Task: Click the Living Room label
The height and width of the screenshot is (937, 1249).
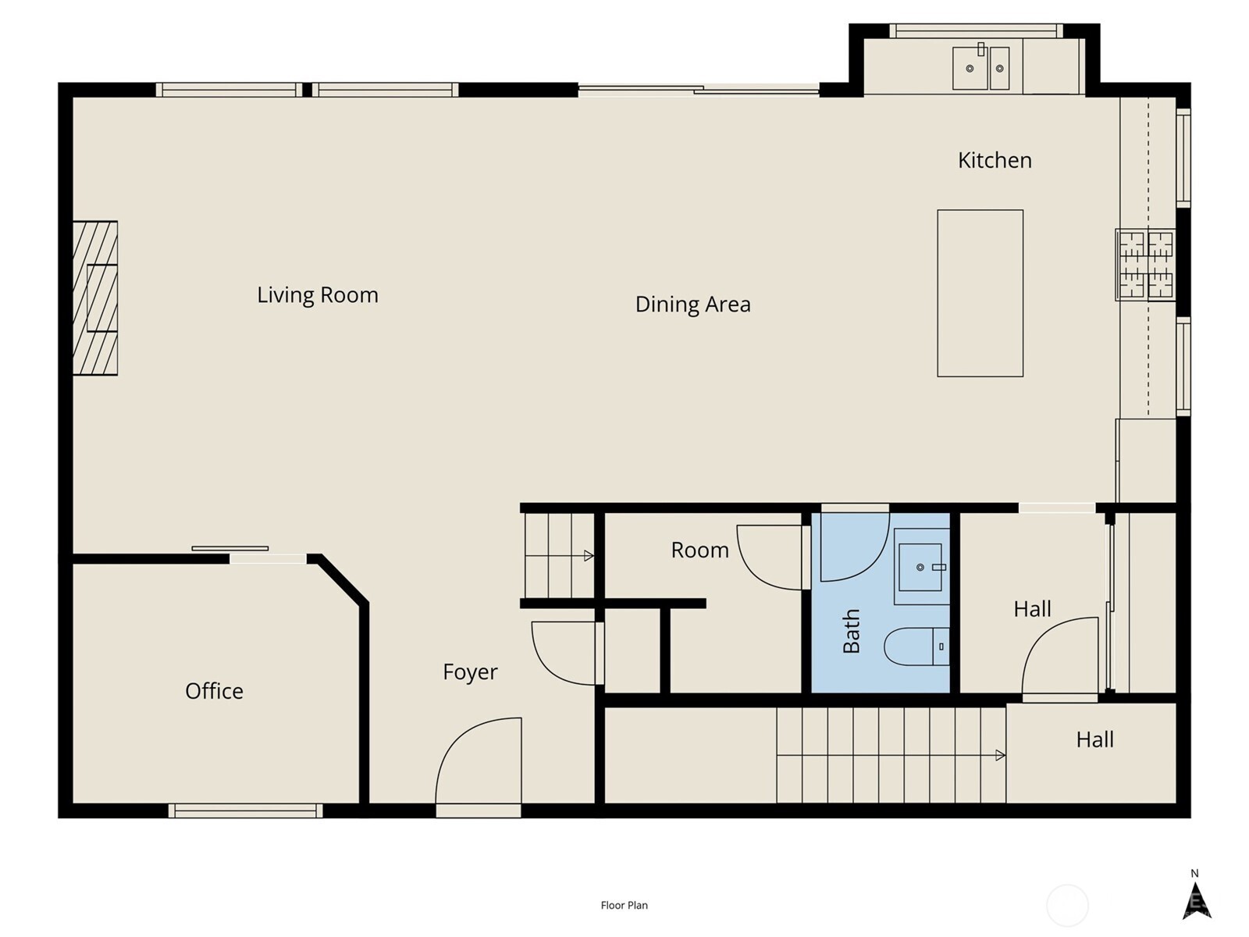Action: [x=318, y=295]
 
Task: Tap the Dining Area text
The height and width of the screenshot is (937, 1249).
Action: [x=692, y=305]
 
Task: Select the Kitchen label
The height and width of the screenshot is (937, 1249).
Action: [x=995, y=160]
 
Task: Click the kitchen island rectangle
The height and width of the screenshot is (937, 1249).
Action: [x=980, y=293]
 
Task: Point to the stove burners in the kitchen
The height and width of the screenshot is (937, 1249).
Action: [x=1145, y=265]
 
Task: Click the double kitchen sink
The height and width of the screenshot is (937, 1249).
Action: [x=981, y=68]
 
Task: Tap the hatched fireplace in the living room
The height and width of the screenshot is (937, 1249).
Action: [x=95, y=298]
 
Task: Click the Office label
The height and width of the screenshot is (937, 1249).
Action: [x=214, y=691]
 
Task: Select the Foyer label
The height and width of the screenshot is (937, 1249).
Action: [x=470, y=672]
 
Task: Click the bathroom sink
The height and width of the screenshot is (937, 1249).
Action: [x=921, y=567]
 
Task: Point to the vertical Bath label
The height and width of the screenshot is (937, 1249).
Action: [x=851, y=631]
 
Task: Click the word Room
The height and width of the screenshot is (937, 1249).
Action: [x=699, y=550]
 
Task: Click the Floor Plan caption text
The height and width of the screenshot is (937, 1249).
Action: [x=624, y=906]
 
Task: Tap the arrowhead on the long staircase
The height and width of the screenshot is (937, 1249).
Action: [x=1000, y=755]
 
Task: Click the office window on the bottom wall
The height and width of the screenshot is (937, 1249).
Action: [x=245, y=811]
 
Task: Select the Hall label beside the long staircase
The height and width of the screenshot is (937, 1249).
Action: [x=1094, y=740]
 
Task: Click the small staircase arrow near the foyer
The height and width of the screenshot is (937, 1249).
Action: [x=589, y=556]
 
